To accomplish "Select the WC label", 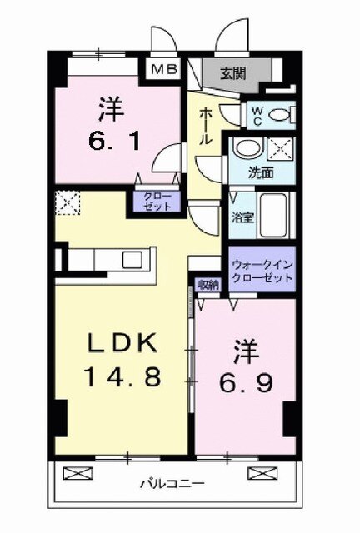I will click(257, 114).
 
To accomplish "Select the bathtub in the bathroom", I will click(274, 215).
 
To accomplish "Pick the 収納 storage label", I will click(208, 285).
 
